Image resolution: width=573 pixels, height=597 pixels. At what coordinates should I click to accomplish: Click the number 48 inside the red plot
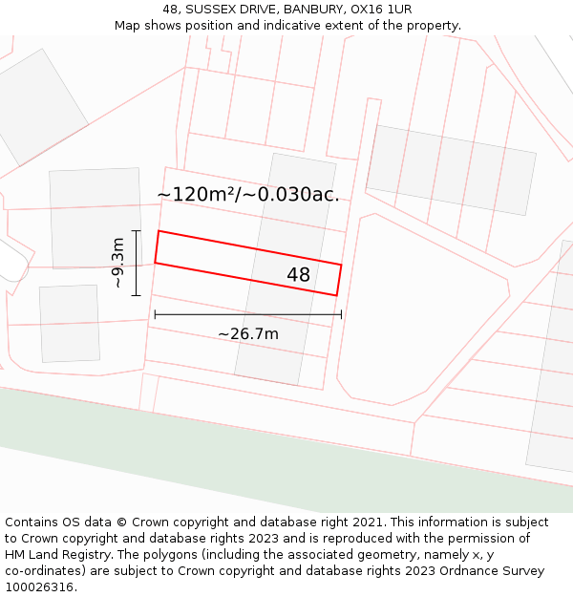pos(298,275)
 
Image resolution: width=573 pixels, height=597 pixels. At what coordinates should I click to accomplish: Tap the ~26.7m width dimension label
pos(248,334)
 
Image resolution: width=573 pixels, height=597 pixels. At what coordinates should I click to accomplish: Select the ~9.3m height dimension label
pos(117,263)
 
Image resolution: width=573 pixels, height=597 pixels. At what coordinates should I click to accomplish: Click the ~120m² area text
pos(196,195)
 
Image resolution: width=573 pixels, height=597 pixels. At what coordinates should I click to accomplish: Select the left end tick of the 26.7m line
pos(155,314)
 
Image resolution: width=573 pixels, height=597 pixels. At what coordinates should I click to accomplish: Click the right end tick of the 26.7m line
pos(341,314)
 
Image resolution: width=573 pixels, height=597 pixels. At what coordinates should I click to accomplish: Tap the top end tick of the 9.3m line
pos(137,231)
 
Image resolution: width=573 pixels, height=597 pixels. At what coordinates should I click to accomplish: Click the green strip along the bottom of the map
pos(286,449)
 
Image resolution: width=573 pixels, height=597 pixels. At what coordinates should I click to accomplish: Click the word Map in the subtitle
pos(129,25)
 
